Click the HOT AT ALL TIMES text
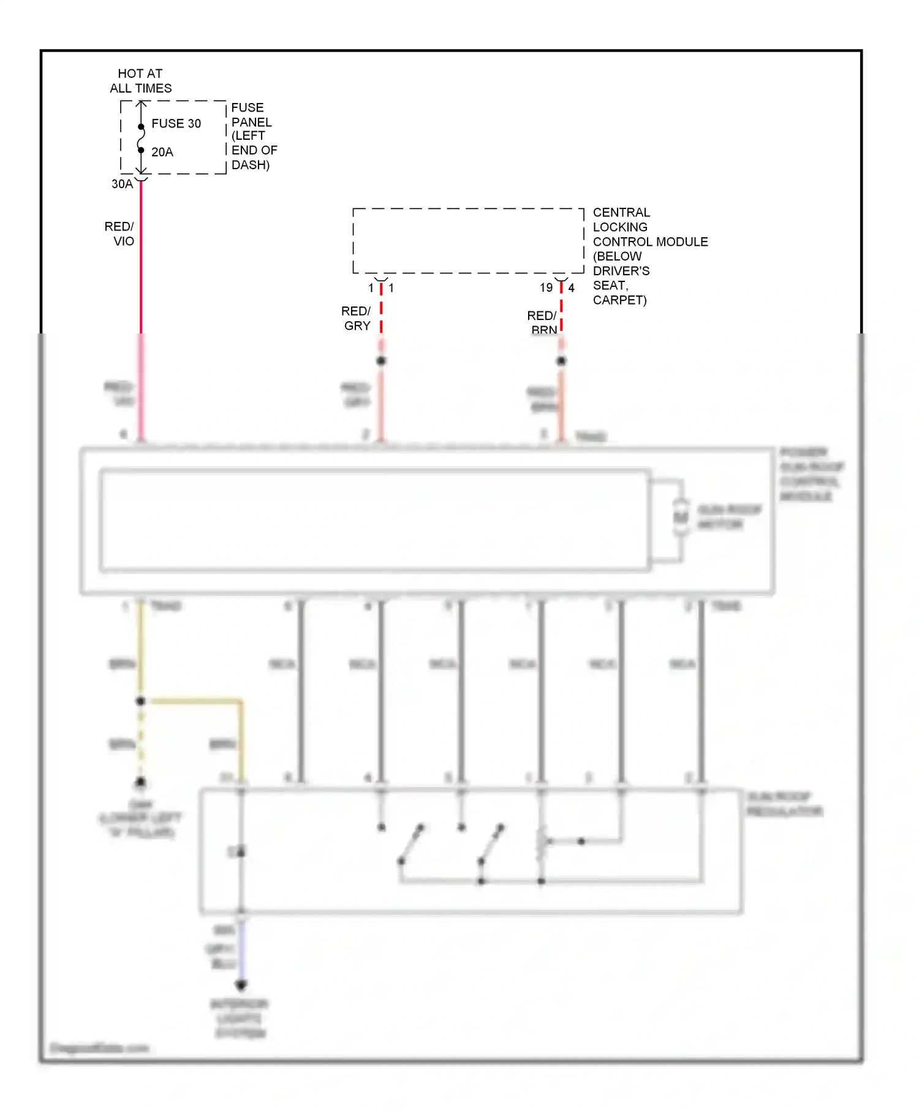coord(140,81)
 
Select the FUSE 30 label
coord(176,123)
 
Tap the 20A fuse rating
coord(162,152)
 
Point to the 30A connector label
coord(122,184)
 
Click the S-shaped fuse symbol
coord(141,139)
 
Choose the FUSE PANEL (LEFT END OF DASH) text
coord(253,136)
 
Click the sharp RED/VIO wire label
coord(120,234)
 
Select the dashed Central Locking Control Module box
coord(468,241)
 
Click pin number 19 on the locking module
coord(546,288)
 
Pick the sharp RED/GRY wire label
coord(357,318)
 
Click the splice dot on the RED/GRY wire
coord(381,360)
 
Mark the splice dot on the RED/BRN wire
coord(561,360)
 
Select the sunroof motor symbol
coord(680,517)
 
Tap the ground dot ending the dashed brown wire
coord(140,782)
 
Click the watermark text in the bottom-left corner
coord(99,1048)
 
